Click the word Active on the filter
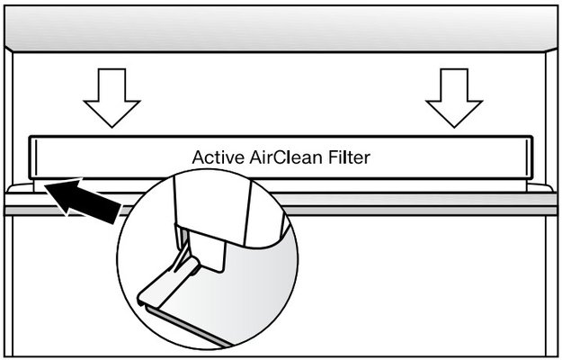217,157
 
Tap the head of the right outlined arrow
453,112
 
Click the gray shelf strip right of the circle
423,208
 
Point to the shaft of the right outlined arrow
453,81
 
